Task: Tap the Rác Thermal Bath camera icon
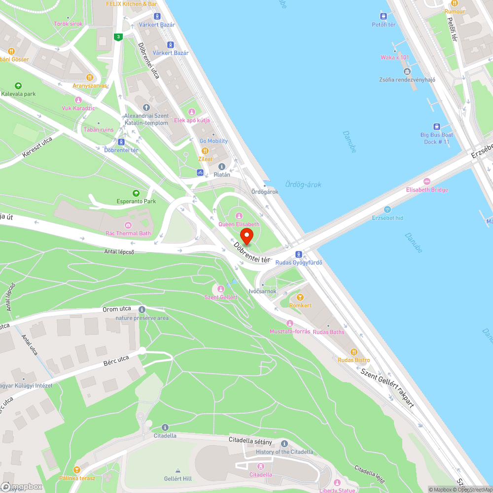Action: [x=128, y=225]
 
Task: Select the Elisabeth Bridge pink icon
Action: [x=427, y=182]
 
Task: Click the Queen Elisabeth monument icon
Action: [x=239, y=216]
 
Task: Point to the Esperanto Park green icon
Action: [x=136, y=193]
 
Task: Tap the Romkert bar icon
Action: [x=300, y=297]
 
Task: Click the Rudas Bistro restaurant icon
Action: [x=353, y=352]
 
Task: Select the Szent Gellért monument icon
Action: [x=221, y=288]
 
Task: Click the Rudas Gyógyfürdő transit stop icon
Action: [x=298, y=254]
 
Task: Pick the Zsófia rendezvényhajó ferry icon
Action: [x=407, y=71]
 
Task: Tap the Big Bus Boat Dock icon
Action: [x=436, y=126]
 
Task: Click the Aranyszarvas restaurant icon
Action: [x=89, y=77]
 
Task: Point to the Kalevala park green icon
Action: [x=18, y=85]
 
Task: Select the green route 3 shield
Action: [x=117, y=36]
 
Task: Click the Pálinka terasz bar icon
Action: [x=76, y=470]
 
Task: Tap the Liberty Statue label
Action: [x=337, y=490]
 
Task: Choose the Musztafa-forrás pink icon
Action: [x=289, y=323]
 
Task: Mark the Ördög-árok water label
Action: [x=303, y=184]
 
